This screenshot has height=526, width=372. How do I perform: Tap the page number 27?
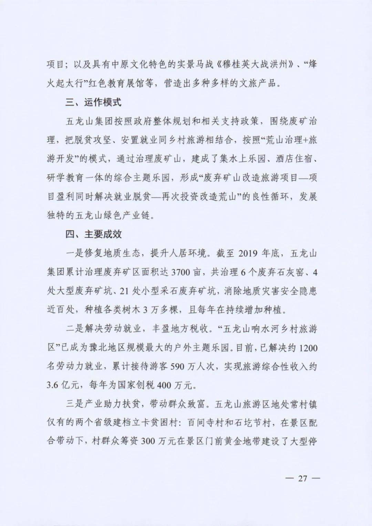[302, 478]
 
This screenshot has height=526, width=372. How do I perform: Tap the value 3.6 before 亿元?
[54, 385]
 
